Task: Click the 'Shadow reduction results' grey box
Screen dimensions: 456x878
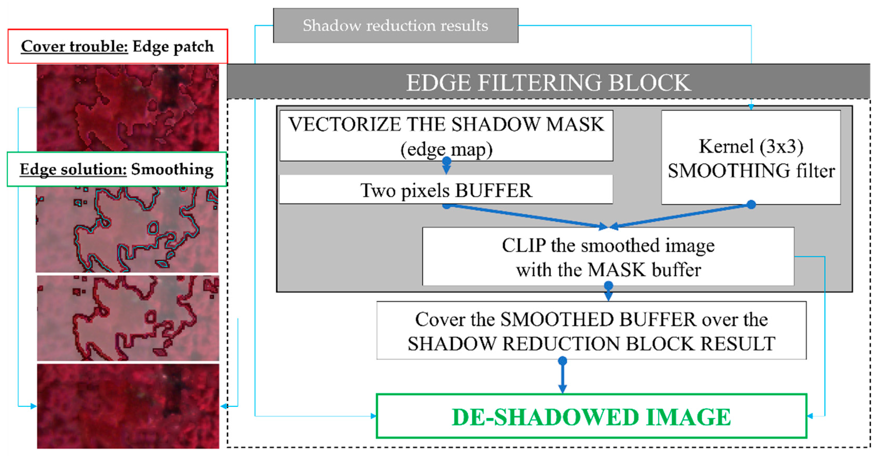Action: coord(395,26)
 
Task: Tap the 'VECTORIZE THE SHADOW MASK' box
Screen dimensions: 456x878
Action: coord(446,135)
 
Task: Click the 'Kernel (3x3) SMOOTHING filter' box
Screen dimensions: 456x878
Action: coord(751,158)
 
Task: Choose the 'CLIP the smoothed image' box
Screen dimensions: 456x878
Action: coord(608,257)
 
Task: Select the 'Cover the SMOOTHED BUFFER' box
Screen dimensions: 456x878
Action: coord(591,330)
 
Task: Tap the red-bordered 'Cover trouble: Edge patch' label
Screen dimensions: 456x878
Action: coord(118,46)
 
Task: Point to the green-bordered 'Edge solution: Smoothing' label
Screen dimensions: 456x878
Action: coord(117,169)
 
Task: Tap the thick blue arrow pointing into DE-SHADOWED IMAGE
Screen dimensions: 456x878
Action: coord(563,377)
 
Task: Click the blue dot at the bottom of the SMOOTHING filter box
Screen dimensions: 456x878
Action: coord(751,205)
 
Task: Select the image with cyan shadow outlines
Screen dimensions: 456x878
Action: coord(127,229)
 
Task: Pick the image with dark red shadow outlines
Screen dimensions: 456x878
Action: coord(128,318)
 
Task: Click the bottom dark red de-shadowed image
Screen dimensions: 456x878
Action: coord(128,406)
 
